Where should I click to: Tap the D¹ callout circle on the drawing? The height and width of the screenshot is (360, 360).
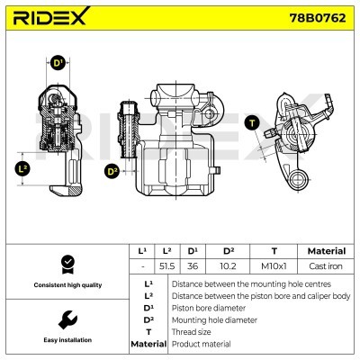pyautogui.click(x=58, y=64)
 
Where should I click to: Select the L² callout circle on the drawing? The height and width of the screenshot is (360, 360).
pyautogui.click(x=24, y=168)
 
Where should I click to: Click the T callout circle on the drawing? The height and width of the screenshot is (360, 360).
pyautogui.click(x=252, y=121)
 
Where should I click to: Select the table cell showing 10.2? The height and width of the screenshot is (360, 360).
pyautogui.click(x=227, y=267)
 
